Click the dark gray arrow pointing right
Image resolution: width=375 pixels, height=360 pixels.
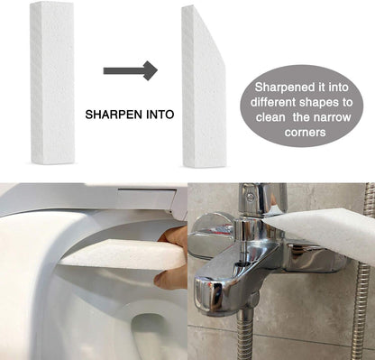tap(130, 70)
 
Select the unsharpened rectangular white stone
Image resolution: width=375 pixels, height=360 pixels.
tap(52, 83)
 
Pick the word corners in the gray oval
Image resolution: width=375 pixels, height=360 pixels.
tap(305, 133)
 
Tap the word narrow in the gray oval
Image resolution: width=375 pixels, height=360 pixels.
tap(332, 117)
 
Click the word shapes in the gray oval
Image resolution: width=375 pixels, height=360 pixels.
tap(319, 103)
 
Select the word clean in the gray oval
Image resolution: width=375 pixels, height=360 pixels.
tap(270, 117)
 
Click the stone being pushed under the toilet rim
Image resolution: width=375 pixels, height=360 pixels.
tap(122, 254)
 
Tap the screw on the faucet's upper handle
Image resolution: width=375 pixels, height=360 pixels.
tap(250, 197)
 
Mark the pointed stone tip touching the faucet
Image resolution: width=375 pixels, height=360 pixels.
tap(264, 220)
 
